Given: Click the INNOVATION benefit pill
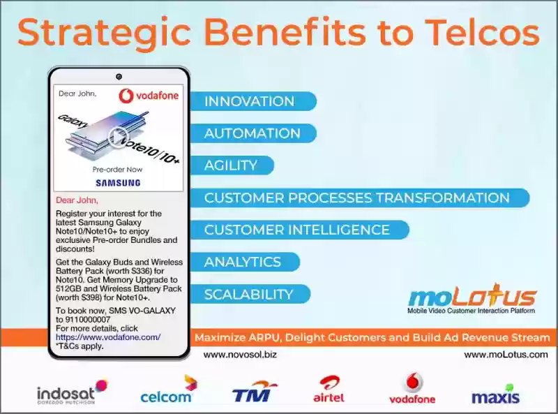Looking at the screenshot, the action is tap(253, 101).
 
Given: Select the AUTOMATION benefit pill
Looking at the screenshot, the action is tap(253, 133).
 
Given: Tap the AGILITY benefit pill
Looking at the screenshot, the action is tap(232, 165).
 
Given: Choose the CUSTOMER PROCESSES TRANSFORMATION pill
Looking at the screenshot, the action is tap(360, 198).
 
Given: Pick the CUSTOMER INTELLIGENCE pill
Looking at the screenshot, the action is tap(300, 230).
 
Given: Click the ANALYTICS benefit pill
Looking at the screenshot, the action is tap(246, 262).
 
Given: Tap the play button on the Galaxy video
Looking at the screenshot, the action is tap(118, 136).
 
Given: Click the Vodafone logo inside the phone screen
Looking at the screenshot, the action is tap(149, 96).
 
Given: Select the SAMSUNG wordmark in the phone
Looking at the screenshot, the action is tap(118, 183).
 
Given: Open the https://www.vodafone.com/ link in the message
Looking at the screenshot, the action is tap(108, 337).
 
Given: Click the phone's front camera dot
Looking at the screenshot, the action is tap(119, 77).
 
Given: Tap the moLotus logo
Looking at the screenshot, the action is tap(472, 299).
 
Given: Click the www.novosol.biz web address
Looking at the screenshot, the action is tap(240, 355).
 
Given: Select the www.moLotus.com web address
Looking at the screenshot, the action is tap(506, 355).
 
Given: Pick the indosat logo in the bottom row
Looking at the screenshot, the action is tap(72, 392).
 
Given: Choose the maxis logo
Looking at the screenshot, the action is tap(495, 394).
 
